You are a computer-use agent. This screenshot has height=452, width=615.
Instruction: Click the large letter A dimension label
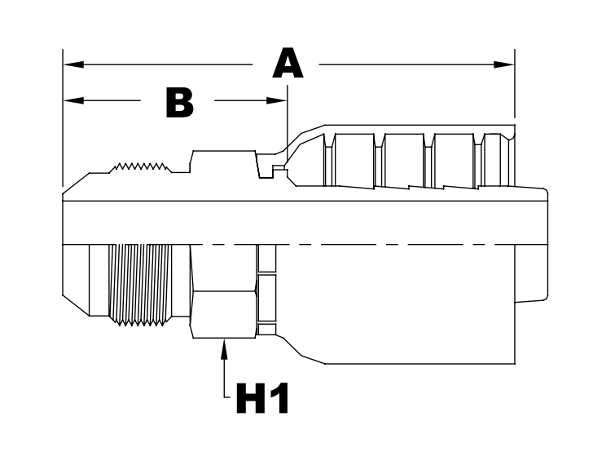(287, 64)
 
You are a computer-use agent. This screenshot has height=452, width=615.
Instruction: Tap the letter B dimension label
(179, 103)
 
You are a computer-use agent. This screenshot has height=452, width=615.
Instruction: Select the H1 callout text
(262, 399)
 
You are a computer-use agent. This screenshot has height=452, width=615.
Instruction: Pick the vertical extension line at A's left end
(63, 122)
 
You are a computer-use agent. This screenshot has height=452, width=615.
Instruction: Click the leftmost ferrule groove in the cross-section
(332, 159)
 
